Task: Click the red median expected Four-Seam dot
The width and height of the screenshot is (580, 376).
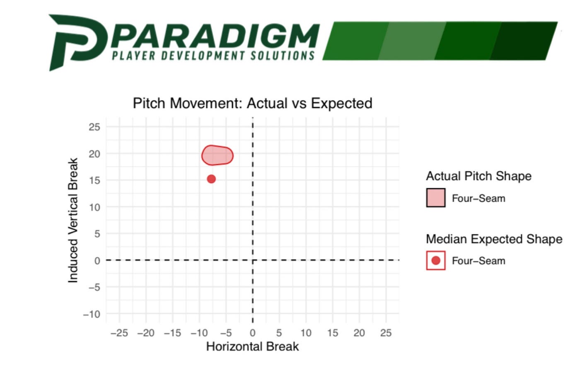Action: [211, 179]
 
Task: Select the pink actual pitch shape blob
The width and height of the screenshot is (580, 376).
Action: [217, 155]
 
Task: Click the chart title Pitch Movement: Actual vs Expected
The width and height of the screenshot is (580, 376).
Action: [252, 103]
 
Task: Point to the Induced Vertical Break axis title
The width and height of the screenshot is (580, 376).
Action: [73, 220]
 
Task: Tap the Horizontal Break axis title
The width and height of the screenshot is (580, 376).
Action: [252, 347]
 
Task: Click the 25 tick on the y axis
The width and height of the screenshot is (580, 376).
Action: [94, 127]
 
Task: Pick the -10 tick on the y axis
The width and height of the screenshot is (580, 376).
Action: [92, 314]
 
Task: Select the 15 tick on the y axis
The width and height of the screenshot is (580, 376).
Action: [94, 180]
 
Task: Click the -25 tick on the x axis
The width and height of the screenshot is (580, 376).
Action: [119, 333]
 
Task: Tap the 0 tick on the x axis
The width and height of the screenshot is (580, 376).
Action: [253, 333]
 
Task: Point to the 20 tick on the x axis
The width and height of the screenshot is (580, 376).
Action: [359, 333]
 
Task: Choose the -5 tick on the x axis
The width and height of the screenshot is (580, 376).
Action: [226, 333]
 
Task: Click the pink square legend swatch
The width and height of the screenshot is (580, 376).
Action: [436, 198]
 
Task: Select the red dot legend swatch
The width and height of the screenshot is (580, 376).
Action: [436, 260]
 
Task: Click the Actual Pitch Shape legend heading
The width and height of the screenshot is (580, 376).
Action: [479, 176]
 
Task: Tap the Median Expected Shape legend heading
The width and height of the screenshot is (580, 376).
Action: [494, 239]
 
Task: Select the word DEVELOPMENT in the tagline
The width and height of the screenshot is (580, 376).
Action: [203, 56]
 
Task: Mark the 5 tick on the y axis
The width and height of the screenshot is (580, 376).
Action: [97, 234]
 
